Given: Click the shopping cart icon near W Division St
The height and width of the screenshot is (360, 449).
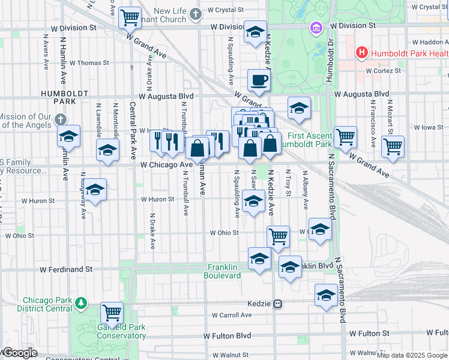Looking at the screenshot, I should (129, 17).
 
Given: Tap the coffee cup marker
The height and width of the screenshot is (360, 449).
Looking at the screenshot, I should (259, 80).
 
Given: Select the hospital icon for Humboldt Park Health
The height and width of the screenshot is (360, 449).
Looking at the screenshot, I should (361, 53).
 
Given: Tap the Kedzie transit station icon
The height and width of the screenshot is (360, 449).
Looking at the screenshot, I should (278, 304).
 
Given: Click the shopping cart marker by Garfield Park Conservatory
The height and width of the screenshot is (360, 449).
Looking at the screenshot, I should (112, 312).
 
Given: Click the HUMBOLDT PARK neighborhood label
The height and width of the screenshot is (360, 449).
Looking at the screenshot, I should (57, 97).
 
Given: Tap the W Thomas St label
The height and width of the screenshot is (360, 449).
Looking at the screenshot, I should (89, 62).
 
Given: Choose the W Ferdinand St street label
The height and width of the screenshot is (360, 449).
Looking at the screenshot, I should (67, 270).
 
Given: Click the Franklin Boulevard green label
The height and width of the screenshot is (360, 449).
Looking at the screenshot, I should (224, 271).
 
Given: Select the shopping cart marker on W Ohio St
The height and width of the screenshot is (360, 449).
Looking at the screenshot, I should (278, 236).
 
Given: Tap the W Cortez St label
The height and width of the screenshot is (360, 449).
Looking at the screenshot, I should (384, 71).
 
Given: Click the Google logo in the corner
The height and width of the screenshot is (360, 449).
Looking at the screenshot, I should (20, 353).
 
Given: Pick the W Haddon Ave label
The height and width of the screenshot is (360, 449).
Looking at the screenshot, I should (429, 43).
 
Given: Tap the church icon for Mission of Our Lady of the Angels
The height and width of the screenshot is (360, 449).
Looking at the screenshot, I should (59, 119).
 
